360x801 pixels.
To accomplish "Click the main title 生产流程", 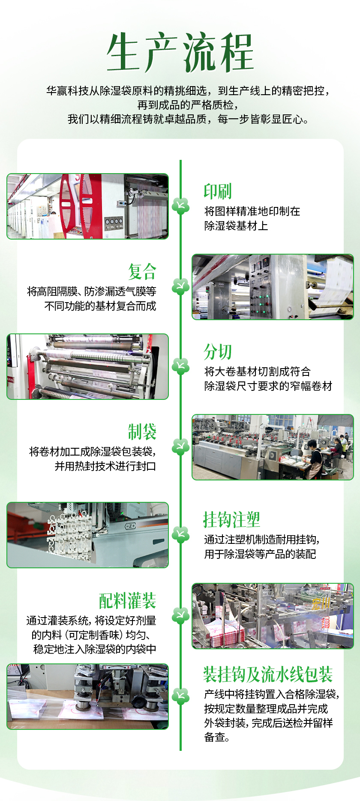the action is point(180,52).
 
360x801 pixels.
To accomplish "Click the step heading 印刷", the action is point(218,192).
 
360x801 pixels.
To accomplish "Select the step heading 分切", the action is point(218,352).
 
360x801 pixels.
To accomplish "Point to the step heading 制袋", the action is point(142,432).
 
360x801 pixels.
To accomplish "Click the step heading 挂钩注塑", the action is point(232,520).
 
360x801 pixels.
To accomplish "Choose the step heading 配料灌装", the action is point(128,601).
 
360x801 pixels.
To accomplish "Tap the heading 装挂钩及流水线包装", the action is point(268,675).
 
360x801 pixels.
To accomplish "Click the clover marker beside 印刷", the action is point(180,206).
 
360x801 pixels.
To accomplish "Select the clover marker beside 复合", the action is point(180,286).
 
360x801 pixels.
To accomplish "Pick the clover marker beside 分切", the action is point(180,366).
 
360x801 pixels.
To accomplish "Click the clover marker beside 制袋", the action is point(180,447).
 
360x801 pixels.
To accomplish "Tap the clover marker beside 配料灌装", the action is point(180,616).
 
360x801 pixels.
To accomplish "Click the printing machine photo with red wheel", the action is point(88,206).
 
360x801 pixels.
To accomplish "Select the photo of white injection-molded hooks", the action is point(88,535).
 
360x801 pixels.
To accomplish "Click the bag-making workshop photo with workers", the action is point(273,447).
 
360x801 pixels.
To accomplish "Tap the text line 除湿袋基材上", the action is point(236,226).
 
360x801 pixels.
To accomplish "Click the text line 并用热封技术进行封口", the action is point(105,466).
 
